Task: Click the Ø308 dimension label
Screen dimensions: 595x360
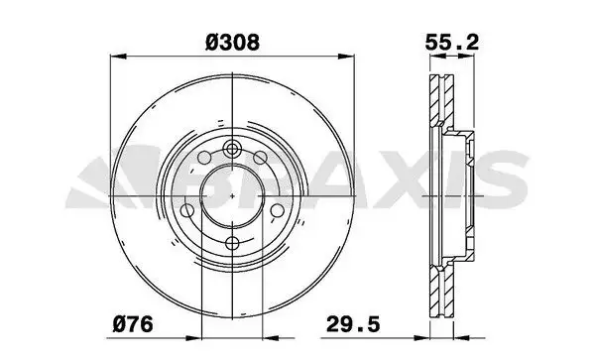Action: tap(232, 42)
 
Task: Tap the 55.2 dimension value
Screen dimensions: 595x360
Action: tap(452, 42)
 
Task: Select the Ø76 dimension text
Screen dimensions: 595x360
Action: tap(133, 324)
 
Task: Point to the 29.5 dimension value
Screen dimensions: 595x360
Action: tap(353, 324)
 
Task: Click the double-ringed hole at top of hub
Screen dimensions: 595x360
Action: tap(232, 149)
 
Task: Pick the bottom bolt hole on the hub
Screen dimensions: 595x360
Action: tap(232, 243)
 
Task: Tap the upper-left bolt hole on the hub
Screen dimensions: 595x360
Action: tap(204, 157)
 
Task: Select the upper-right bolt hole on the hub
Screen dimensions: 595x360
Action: tap(260, 157)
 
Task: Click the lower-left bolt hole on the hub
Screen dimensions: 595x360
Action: tap(187, 210)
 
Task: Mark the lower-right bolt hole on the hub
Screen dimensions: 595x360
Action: tap(278, 210)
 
